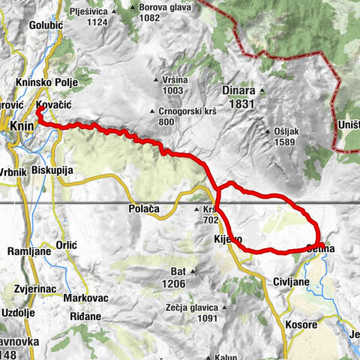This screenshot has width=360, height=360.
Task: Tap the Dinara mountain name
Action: (238, 91)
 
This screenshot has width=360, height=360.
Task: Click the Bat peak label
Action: (178, 271)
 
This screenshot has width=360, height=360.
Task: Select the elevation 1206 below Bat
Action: (178, 283)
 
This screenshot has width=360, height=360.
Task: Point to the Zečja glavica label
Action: (191, 307)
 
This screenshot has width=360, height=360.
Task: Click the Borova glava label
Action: (163, 8)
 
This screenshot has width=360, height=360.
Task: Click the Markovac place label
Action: (84, 298)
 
